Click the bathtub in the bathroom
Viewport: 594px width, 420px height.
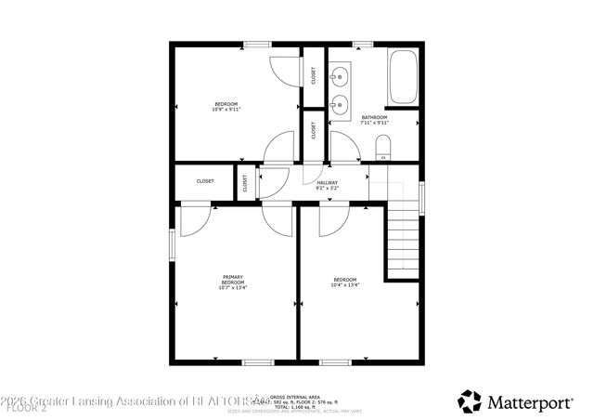pos(404,78)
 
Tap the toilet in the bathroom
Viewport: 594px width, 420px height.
pos(382,147)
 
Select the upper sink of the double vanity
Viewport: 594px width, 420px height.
pos(341,73)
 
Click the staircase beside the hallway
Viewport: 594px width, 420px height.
pos(403,240)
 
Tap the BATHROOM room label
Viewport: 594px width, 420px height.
pos(374,117)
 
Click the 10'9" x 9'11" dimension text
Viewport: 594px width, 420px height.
pos(226,109)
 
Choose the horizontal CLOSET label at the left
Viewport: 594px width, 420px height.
pos(205,181)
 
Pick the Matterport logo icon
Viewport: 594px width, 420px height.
pos(470,401)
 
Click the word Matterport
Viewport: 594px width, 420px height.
pos(532,401)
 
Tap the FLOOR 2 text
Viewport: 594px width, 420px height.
pos(19,408)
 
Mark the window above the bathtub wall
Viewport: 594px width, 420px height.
pos(364,43)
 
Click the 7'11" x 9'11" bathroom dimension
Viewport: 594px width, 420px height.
pos(374,123)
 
